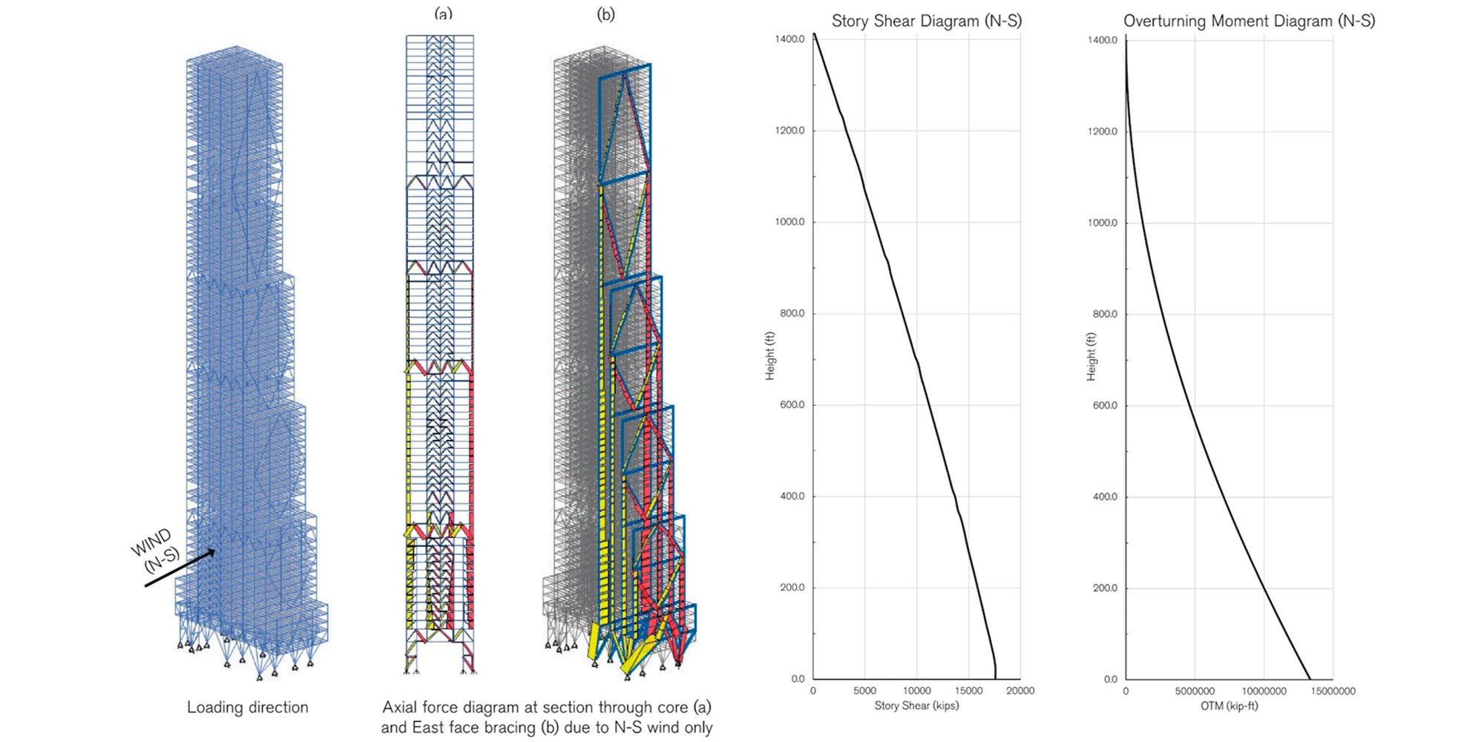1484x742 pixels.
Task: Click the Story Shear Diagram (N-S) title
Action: pyautogui.click(x=926, y=21)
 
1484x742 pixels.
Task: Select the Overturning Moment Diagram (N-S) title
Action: pyautogui.click(x=1249, y=21)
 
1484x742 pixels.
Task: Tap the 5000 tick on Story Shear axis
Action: pyautogui.click(x=864, y=691)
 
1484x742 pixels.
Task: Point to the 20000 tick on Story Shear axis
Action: pyautogui.click(x=1020, y=691)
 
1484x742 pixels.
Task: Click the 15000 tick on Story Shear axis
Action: pyautogui.click(x=968, y=691)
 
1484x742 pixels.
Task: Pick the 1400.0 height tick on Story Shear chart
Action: pyautogui.click(x=790, y=39)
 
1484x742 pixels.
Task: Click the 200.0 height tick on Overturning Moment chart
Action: pyautogui.click(x=1105, y=588)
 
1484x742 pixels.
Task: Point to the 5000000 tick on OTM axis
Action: pyautogui.click(x=1195, y=692)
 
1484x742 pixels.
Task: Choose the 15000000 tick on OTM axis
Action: pyautogui.click(x=1333, y=692)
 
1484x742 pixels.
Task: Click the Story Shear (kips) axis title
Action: pyautogui.click(x=916, y=706)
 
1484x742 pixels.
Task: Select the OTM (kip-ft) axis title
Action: pyautogui.click(x=1229, y=706)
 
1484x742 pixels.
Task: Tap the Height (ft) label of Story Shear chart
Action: pyautogui.click(x=770, y=356)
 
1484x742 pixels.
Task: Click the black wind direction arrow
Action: pyautogui.click(x=180, y=568)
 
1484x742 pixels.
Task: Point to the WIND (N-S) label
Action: pyautogui.click(x=156, y=551)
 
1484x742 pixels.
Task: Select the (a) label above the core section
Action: pyautogui.click(x=443, y=13)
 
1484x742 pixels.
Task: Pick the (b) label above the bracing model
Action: pyautogui.click(x=605, y=13)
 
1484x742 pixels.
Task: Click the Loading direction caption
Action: pyautogui.click(x=247, y=707)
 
